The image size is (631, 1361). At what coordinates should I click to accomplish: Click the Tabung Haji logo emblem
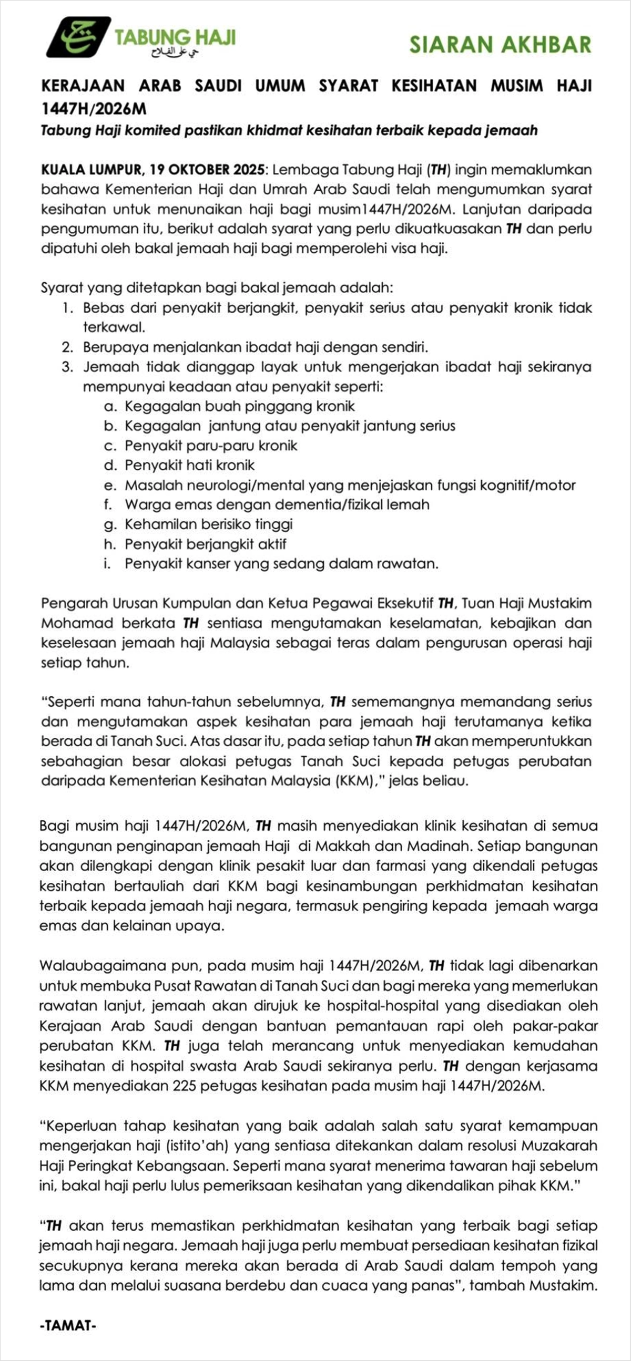tap(78, 37)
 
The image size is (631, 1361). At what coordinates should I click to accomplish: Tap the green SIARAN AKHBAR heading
tap(500, 45)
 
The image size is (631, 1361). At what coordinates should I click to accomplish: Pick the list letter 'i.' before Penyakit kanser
tap(107, 564)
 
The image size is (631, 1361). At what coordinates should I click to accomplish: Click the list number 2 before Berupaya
tap(67, 348)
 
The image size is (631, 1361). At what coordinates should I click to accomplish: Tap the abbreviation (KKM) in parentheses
tap(353, 781)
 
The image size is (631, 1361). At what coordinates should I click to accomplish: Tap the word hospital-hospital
tap(363, 1006)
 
